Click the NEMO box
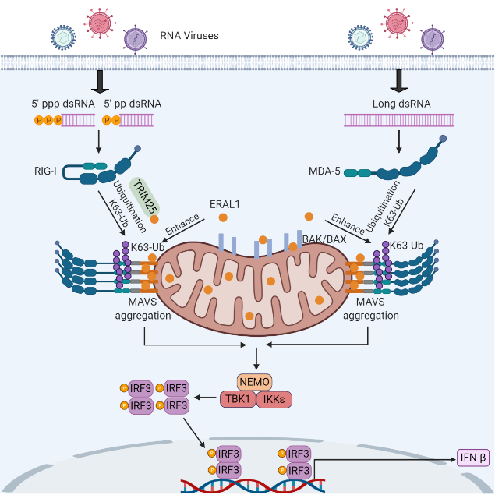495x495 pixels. pos(254,382)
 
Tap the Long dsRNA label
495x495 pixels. pos(398,102)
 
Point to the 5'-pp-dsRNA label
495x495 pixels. pos(129,102)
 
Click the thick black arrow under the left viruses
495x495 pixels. pos(101,80)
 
